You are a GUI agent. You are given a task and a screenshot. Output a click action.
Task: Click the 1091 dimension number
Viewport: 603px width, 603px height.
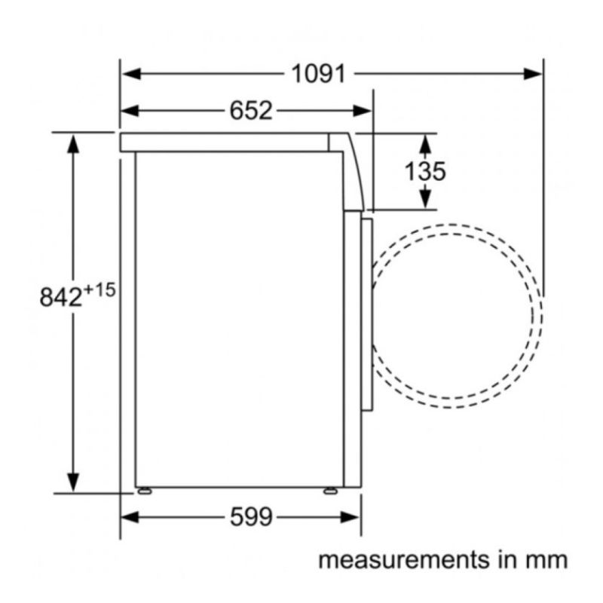tap(318, 74)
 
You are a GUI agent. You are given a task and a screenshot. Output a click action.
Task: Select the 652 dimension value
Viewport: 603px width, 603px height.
tap(251, 111)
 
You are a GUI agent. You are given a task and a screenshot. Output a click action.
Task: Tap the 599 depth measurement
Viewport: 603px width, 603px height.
tap(251, 517)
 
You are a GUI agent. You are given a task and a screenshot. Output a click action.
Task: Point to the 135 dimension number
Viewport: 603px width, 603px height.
tap(425, 171)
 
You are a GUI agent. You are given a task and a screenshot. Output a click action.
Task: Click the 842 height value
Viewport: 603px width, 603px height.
tap(61, 297)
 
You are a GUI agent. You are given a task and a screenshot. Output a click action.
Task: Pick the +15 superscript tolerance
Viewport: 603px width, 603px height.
tap(99, 290)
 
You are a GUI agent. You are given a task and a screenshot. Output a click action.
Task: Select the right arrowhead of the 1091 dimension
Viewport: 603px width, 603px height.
tap(533, 74)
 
